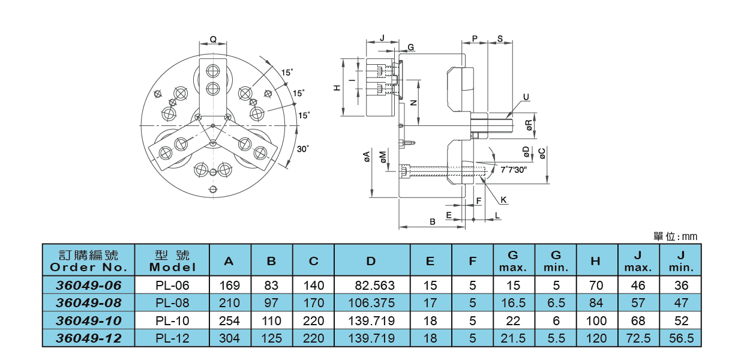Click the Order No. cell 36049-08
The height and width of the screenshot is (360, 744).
click(89, 303)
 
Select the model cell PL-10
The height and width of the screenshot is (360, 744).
click(172, 321)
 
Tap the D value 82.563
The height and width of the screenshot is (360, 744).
click(371, 286)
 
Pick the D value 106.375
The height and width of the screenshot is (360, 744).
click(371, 303)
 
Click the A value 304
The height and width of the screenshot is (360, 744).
click(229, 338)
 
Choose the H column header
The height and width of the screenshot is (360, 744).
click(596, 260)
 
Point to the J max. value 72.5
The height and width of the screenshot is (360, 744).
click(638, 338)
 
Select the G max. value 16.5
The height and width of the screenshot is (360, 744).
click(513, 303)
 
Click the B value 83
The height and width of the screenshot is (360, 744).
click(271, 286)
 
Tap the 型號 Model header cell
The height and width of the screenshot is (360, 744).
click(172, 260)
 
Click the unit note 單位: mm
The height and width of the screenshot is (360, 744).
click(676, 237)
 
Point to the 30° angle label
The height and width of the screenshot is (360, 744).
click(304, 149)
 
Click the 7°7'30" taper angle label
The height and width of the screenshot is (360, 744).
click(513, 170)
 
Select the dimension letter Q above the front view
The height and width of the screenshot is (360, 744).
click(213, 40)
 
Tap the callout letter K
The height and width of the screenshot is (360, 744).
click(503, 200)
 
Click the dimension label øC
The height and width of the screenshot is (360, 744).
click(541, 154)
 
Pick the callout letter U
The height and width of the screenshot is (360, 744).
click(526, 97)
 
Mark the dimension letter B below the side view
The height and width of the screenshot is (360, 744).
click(432, 221)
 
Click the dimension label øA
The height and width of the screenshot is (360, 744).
click(366, 157)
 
